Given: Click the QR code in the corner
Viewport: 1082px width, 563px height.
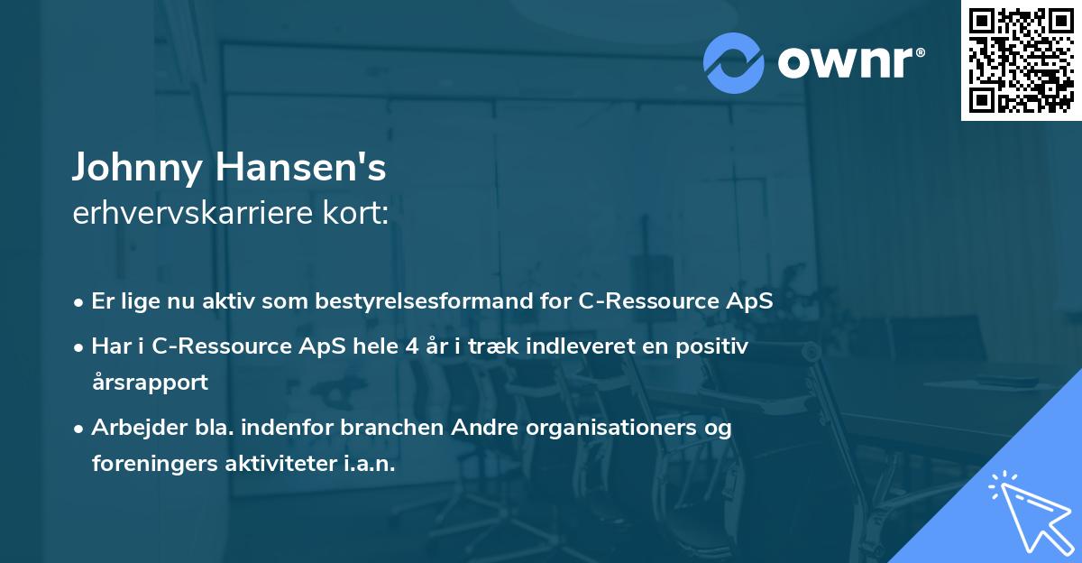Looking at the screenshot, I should click(x=1022, y=60).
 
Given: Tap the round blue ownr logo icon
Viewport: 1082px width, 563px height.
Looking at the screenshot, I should click(x=734, y=62).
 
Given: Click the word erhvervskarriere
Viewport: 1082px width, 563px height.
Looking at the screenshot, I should click(x=188, y=213).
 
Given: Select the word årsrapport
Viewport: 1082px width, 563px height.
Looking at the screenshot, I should click(x=150, y=382).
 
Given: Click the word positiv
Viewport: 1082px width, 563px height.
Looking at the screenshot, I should click(x=715, y=346).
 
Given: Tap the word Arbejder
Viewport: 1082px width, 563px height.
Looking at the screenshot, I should click(x=132, y=427).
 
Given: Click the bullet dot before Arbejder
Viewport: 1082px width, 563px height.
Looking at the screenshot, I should click(x=80, y=429).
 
